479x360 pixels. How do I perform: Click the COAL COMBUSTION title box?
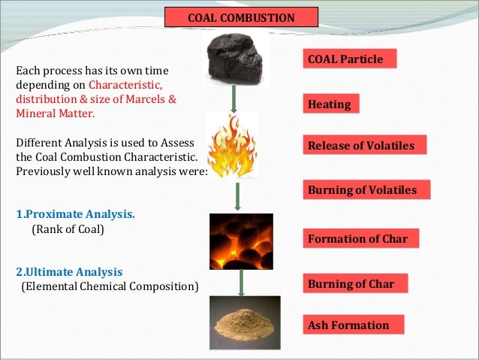[241, 17]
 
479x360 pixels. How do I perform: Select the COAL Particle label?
[350, 59]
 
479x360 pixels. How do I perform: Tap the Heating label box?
[330, 104]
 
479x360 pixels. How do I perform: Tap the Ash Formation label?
[353, 325]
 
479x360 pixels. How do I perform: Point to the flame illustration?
[233, 145]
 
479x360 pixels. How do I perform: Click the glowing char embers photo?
[240, 241]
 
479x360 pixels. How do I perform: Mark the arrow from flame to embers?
[239, 195]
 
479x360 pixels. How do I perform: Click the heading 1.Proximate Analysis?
[75, 214]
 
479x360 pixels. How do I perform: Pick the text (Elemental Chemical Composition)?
[110, 286]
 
